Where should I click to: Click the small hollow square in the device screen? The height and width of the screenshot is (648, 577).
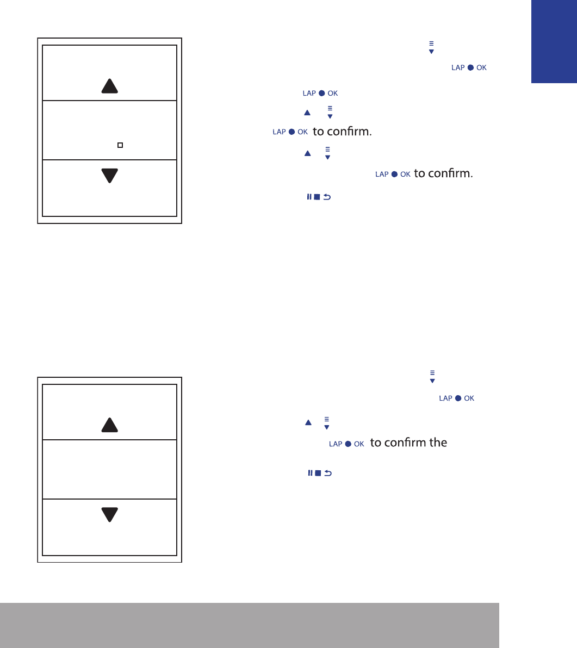(x=120, y=145)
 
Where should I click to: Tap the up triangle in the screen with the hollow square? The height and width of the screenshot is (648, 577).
(x=109, y=86)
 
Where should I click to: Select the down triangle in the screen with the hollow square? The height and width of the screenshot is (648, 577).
(x=109, y=176)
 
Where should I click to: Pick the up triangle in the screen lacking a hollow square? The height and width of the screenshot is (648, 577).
(x=109, y=425)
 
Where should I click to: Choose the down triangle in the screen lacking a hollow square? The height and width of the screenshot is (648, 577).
(x=109, y=514)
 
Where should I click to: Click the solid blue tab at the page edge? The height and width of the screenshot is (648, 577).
(x=554, y=41)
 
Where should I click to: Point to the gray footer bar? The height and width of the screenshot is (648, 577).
(x=249, y=625)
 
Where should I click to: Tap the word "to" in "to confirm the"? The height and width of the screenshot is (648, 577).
(x=375, y=443)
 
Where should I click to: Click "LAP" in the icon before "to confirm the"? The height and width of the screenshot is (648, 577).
(x=335, y=444)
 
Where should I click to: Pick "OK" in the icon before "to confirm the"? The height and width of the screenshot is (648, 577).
(x=359, y=444)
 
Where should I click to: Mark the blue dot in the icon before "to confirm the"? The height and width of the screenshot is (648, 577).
(x=348, y=444)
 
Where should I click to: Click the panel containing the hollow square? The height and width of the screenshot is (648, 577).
(x=109, y=130)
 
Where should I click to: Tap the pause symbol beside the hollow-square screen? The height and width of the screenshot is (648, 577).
(x=309, y=197)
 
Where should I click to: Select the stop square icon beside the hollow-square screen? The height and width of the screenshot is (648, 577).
(x=317, y=197)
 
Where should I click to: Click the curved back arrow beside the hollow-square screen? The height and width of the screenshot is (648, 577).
(x=327, y=197)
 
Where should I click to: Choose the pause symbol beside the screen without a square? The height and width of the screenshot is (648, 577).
(x=310, y=473)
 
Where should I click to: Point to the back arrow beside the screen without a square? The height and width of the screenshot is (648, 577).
(x=328, y=473)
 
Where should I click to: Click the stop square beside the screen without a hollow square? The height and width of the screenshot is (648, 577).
(x=318, y=473)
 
